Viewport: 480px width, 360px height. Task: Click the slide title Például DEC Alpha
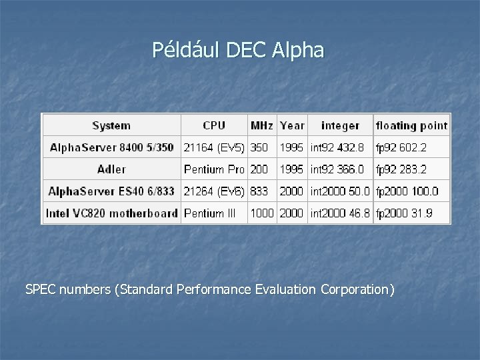coord(238,50)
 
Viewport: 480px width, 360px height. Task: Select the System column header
coord(111,125)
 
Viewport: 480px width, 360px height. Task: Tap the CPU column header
coord(214,125)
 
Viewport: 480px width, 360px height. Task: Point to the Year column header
coord(292,125)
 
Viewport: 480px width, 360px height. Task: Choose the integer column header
coord(340,125)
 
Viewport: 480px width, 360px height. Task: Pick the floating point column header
coord(411,125)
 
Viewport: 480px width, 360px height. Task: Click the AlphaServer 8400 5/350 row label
coord(111,147)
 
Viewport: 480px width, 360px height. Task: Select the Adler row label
coord(111,169)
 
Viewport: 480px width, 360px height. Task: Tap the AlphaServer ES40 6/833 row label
coord(111,191)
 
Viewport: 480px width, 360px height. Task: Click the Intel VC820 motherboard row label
coord(111,213)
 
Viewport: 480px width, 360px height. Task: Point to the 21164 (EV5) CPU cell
coord(214,147)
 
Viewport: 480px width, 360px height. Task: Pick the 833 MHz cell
coord(259,191)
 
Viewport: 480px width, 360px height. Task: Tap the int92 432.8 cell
coord(338,147)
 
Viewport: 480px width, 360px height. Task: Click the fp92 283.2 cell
coord(402,169)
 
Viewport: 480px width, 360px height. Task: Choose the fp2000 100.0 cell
coord(407,191)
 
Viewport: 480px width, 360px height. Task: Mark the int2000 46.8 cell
coord(340,213)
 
